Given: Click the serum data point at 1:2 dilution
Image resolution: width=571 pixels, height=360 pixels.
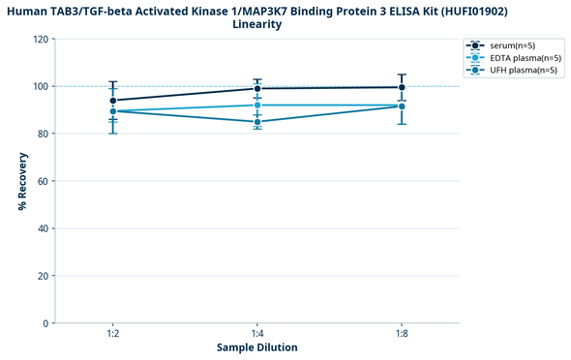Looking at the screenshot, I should pyautogui.click(x=113, y=101).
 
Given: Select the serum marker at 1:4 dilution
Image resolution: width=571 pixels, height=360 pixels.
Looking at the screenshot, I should pyautogui.click(x=257, y=89).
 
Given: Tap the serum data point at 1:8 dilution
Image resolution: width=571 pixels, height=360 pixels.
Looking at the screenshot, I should pyautogui.click(x=402, y=87).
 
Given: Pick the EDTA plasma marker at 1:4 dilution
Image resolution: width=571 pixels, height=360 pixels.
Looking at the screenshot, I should pyautogui.click(x=257, y=105).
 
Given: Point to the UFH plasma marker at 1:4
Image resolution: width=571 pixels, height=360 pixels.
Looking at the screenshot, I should pyautogui.click(x=257, y=122).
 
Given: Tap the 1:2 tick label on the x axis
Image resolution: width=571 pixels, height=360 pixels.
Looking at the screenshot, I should pyautogui.click(x=113, y=333).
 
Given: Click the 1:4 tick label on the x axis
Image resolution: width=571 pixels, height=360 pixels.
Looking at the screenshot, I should pyautogui.click(x=257, y=333).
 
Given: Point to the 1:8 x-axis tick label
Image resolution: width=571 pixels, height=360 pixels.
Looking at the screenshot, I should pyautogui.click(x=402, y=333).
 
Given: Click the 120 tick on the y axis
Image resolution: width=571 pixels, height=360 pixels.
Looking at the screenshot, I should pyautogui.click(x=40, y=40).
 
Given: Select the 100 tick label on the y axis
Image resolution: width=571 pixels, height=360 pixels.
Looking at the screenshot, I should pyautogui.click(x=40, y=87).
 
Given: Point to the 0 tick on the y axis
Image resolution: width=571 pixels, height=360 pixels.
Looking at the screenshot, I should pyautogui.click(x=45, y=323).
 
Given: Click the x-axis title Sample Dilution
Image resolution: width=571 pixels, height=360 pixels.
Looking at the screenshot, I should pyautogui.click(x=257, y=347).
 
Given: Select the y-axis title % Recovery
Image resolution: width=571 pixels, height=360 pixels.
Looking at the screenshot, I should pyautogui.click(x=20, y=181).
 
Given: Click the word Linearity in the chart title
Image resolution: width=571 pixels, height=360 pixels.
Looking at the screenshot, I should pyautogui.click(x=257, y=24).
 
